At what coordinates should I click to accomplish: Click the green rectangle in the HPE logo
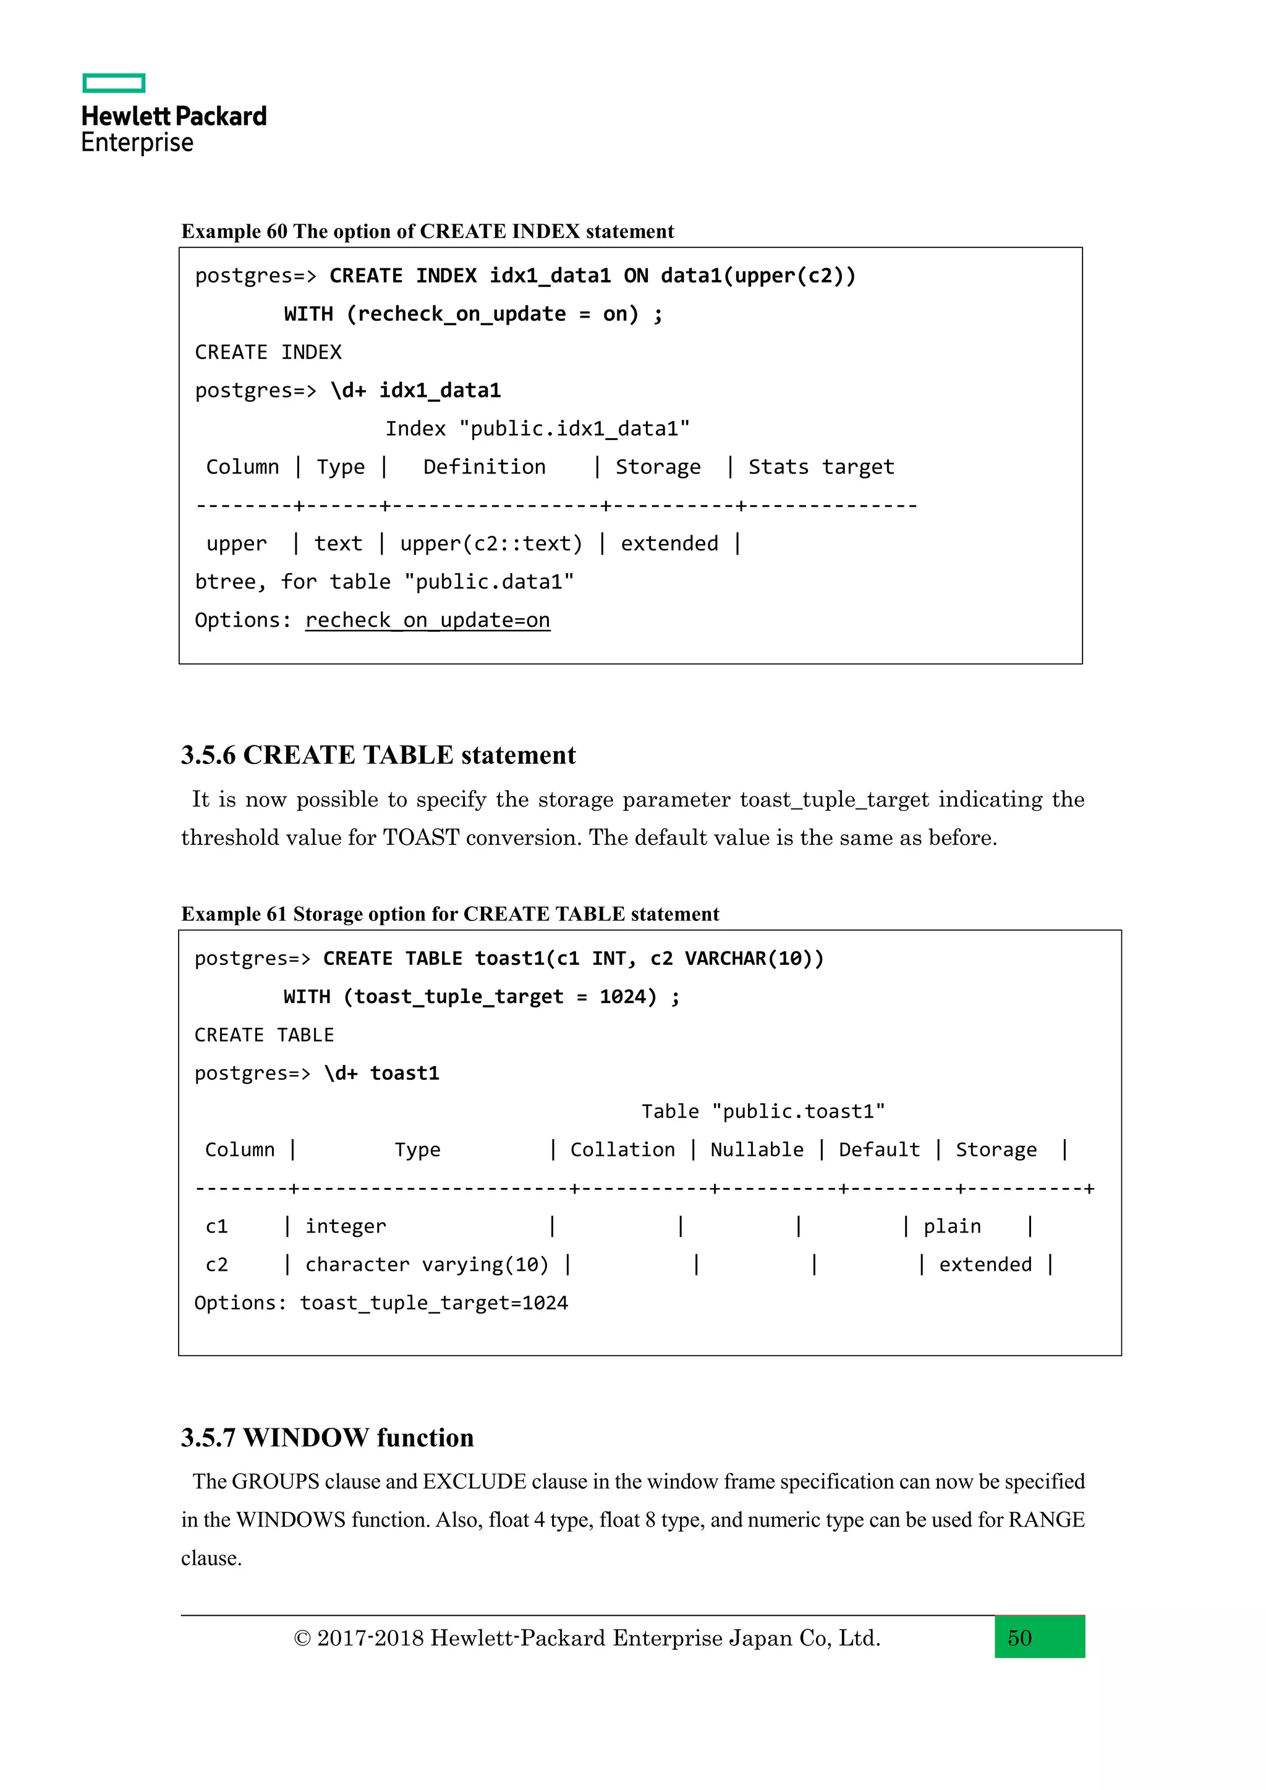(x=114, y=83)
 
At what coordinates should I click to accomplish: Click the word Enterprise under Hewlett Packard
(x=137, y=143)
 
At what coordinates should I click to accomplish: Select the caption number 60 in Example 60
(x=277, y=232)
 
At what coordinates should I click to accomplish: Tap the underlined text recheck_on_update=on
(x=427, y=621)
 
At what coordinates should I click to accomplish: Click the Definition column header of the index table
(x=484, y=467)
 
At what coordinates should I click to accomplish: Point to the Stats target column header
(x=821, y=467)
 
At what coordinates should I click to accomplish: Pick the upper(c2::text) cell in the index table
(x=491, y=543)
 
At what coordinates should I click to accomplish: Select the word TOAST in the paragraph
(x=421, y=838)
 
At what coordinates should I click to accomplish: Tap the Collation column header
(x=622, y=1150)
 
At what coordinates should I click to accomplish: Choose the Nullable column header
(x=756, y=1150)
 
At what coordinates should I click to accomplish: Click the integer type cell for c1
(x=346, y=1226)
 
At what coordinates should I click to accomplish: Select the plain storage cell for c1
(x=952, y=1226)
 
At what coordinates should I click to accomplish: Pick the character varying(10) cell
(x=427, y=1265)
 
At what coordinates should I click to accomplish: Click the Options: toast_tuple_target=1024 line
(x=381, y=1303)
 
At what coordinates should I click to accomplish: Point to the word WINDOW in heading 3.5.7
(x=304, y=1438)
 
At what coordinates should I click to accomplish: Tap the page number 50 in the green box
(x=1019, y=1638)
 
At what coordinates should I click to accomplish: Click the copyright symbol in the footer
(x=302, y=1639)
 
